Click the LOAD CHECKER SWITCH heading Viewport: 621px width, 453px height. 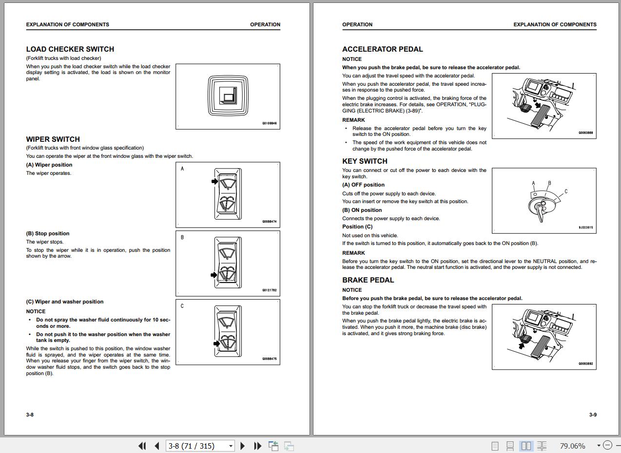point(70,49)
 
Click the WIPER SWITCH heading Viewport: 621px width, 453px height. point(53,139)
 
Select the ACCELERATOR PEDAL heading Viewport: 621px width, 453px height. point(383,49)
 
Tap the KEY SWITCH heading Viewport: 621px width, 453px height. point(365,161)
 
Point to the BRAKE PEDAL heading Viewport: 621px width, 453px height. point(368,280)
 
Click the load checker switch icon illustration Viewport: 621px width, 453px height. point(228,95)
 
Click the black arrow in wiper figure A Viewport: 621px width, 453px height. point(215,181)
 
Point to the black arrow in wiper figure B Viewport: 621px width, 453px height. point(214,275)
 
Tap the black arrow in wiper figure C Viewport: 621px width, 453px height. point(216,343)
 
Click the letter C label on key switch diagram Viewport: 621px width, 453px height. point(566,191)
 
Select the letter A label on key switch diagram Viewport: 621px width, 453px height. point(533,184)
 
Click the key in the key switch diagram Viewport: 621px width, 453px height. point(540,213)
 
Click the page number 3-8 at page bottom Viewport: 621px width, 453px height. point(30,415)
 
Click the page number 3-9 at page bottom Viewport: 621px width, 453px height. point(593,415)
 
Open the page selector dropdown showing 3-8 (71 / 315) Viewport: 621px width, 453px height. point(231,446)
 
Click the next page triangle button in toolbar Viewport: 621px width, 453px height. point(243,446)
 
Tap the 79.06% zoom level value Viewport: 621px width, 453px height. point(572,446)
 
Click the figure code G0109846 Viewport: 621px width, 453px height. point(269,124)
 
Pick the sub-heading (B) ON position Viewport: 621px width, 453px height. point(362,210)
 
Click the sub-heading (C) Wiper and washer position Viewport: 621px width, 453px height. point(65,302)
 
